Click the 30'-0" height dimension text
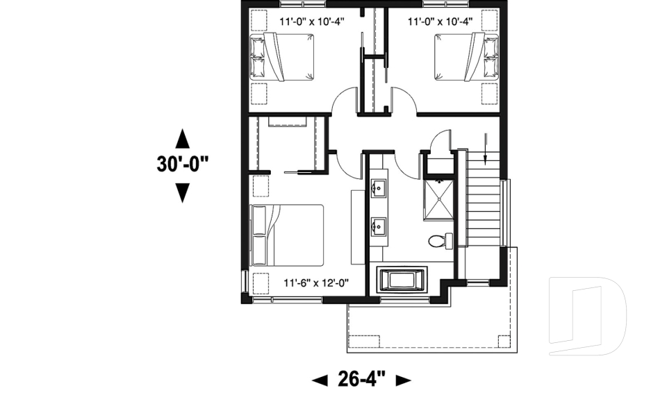pos(182,164)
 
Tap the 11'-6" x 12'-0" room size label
pos(315,283)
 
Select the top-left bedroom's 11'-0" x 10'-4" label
pos(312,21)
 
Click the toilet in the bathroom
pos(438,242)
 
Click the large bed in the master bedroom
pos(288,235)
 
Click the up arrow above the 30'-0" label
pos(182,138)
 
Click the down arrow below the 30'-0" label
pos(182,192)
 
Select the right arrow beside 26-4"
pos(403,380)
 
